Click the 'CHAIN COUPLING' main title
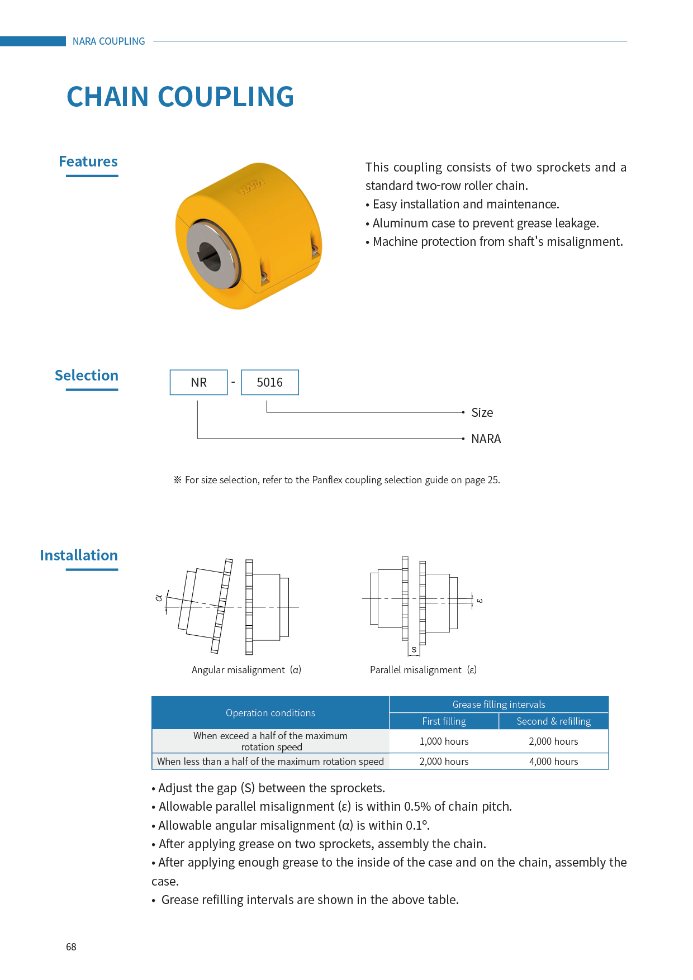point(180,97)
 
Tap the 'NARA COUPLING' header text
point(108,41)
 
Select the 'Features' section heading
point(88,161)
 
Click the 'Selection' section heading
point(87,375)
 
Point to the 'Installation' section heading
point(79,555)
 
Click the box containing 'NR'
point(198,382)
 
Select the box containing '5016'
point(269,382)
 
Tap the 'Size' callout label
point(482,413)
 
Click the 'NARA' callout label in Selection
point(486,439)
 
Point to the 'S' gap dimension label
point(414,650)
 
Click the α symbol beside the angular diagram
point(159,598)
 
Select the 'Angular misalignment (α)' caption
point(246,670)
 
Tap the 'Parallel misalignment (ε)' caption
point(423,670)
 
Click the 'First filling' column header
point(444,721)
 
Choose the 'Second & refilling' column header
point(553,721)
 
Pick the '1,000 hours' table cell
point(444,741)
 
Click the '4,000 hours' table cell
point(553,762)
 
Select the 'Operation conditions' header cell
point(270,713)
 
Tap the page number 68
point(71,947)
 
